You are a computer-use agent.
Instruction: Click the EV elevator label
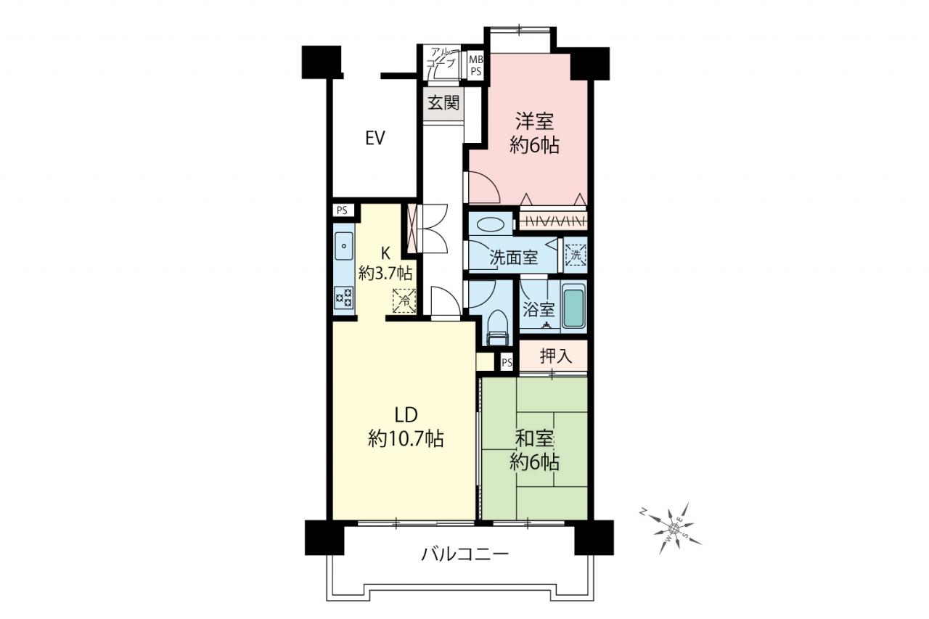point(375,138)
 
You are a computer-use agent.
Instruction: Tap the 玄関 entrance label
point(443,103)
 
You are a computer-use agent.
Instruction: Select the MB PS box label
point(475,65)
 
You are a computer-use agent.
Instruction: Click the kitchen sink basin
point(344,246)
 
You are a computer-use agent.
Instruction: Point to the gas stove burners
point(344,298)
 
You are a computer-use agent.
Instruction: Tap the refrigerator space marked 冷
point(404,300)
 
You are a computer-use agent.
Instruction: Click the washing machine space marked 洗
point(576,255)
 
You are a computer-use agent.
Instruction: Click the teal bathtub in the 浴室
point(573,308)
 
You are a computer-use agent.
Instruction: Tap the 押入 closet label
point(555,356)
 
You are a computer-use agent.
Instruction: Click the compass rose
point(673,528)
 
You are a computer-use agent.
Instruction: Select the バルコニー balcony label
point(464,554)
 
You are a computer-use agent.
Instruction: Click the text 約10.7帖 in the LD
point(406,438)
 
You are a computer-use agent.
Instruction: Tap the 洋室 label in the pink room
point(534,121)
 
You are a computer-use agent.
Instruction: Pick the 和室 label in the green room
point(533,438)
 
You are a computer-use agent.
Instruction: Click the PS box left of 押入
point(507,363)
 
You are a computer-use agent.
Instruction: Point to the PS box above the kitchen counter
point(342,210)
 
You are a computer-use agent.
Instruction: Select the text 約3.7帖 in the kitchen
point(385,274)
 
